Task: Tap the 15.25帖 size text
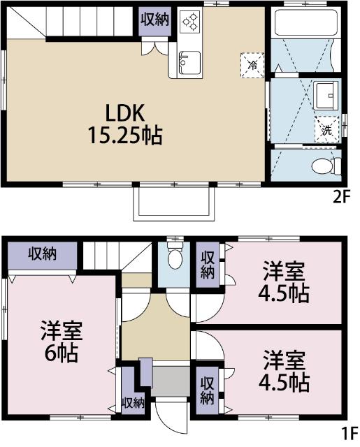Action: pyautogui.click(x=124, y=135)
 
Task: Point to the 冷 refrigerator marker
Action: pyautogui.click(x=252, y=64)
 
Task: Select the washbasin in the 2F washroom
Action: pyautogui.click(x=325, y=94)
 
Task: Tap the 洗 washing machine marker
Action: pyautogui.click(x=326, y=129)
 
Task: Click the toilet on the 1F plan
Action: pyautogui.click(x=175, y=259)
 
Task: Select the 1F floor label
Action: pyautogui.click(x=349, y=432)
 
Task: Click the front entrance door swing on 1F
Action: pyautogui.click(x=170, y=416)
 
